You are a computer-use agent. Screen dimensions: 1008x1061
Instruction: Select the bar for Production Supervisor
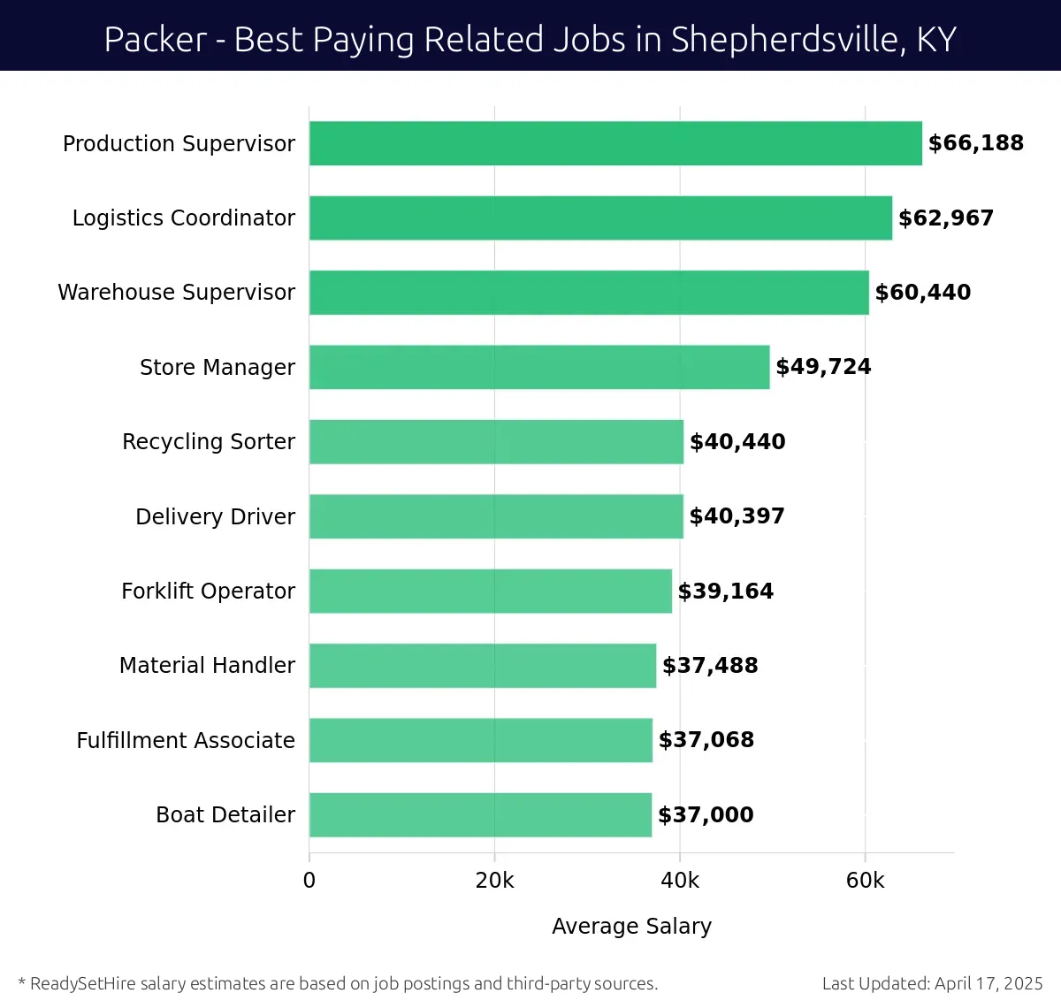[615, 143]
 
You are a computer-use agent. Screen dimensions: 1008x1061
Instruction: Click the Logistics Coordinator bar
[600, 218]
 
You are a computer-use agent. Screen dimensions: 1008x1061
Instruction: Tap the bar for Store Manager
[539, 367]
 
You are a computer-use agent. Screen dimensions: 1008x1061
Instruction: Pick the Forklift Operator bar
[490, 591]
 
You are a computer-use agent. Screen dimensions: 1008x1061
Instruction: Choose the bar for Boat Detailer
[480, 814]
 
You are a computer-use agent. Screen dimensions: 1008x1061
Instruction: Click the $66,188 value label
[975, 143]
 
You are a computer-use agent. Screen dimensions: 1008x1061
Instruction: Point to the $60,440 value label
[922, 293]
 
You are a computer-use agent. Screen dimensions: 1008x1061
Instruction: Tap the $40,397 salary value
[737, 516]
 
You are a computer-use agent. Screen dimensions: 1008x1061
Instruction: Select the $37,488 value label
[710, 666]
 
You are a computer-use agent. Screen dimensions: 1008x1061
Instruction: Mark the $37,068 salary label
[706, 740]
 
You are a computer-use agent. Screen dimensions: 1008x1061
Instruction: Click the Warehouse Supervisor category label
[176, 293]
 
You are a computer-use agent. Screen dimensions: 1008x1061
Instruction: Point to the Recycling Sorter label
[209, 441]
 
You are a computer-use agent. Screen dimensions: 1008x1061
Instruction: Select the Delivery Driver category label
[215, 516]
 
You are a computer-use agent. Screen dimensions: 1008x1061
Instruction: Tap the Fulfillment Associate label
[186, 740]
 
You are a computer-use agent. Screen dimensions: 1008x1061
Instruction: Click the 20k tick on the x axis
[494, 881]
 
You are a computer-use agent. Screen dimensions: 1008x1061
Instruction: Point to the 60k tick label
[865, 881]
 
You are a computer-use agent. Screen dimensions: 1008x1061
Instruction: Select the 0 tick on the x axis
[309, 881]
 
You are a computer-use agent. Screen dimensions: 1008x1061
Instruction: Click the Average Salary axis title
[631, 926]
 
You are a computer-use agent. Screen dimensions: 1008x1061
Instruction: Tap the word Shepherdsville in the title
[787, 40]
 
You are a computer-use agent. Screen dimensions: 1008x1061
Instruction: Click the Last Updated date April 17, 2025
[988, 983]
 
